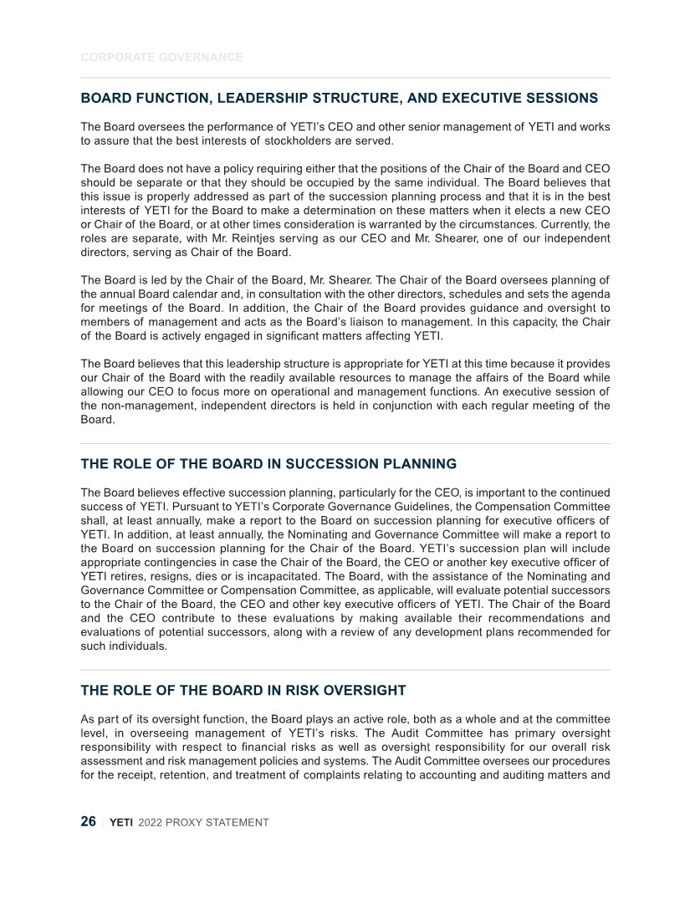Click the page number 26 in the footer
point(88,821)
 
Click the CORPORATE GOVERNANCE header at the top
point(161,57)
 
